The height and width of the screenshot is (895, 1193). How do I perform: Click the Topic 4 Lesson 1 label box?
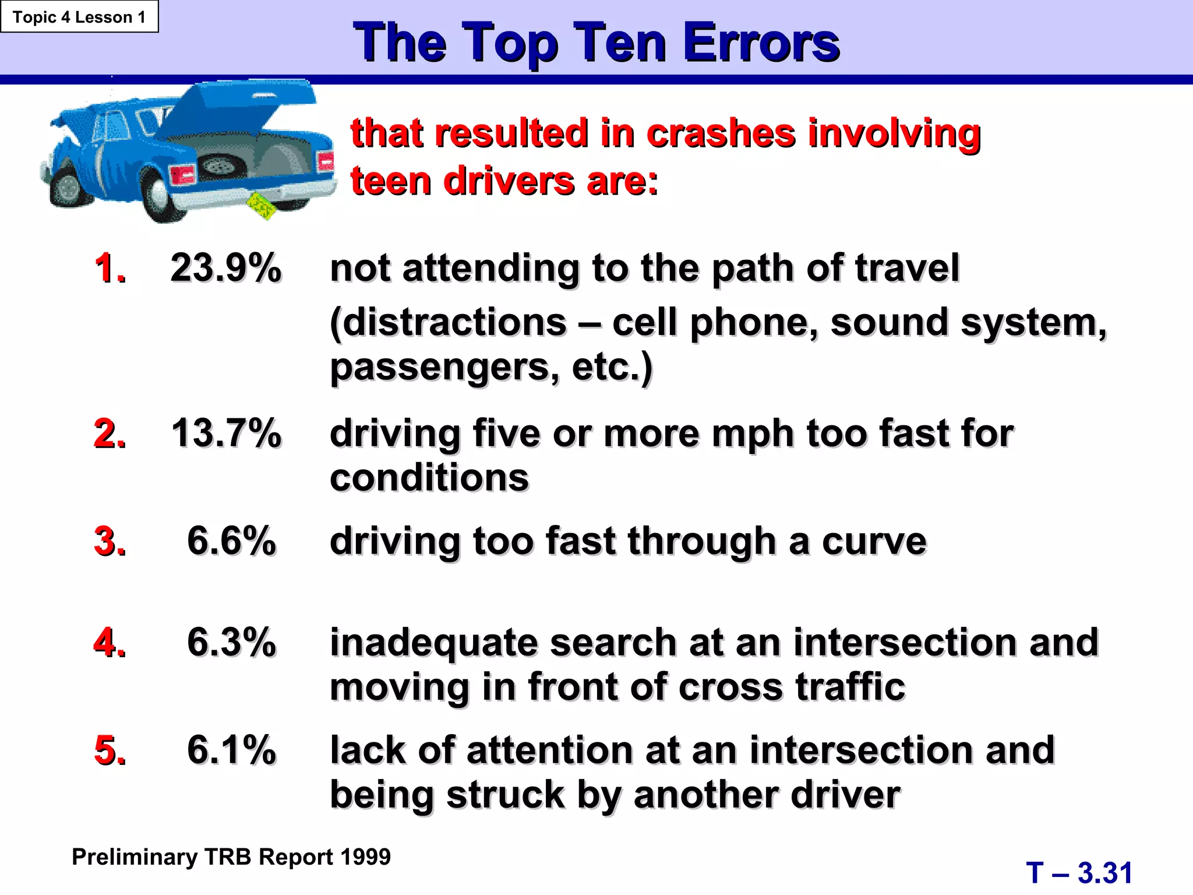point(79,17)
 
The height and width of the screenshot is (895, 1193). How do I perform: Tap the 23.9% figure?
point(226,268)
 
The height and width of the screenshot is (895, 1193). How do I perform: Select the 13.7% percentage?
point(226,434)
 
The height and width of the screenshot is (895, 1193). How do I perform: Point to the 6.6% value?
point(231,541)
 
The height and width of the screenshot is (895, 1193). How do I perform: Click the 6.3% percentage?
point(231,642)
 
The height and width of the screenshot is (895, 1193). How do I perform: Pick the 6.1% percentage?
point(231,749)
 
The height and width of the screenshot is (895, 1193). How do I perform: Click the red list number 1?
point(110,268)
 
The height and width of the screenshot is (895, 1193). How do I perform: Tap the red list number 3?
point(110,541)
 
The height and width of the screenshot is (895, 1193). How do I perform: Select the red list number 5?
point(110,749)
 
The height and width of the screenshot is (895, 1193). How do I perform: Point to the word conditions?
point(429,478)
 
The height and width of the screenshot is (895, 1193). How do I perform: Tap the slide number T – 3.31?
point(1079,873)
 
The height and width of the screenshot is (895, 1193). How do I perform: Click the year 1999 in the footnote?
point(365,857)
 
